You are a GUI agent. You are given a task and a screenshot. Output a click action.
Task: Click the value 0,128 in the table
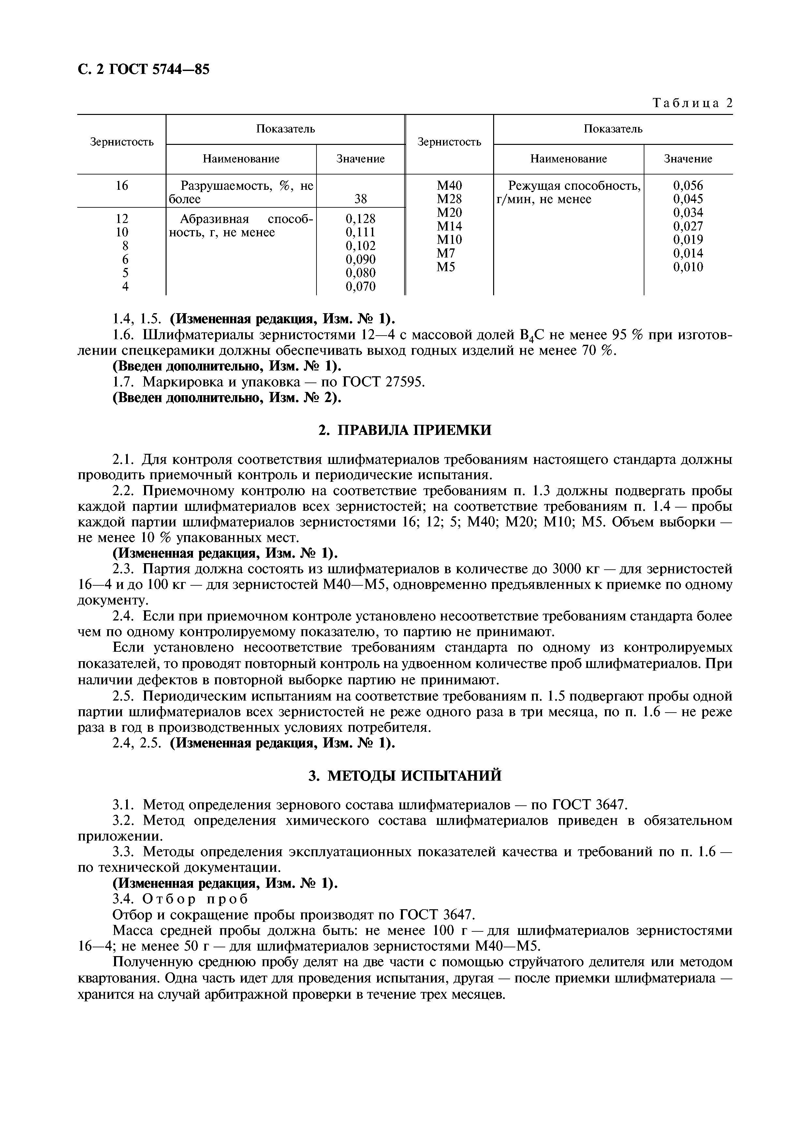click(360, 219)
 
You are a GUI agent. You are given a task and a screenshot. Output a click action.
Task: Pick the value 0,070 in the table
click(360, 286)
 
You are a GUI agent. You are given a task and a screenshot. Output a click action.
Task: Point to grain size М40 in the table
click(449, 186)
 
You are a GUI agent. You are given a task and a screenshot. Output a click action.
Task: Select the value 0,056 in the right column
click(688, 186)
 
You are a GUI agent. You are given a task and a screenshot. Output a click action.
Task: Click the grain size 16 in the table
click(122, 186)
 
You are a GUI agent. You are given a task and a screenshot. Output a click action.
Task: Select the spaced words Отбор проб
click(195, 899)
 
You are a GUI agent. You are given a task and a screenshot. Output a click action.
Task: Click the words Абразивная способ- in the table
click(246, 219)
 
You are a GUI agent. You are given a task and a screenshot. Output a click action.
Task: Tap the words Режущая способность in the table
click(574, 186)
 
